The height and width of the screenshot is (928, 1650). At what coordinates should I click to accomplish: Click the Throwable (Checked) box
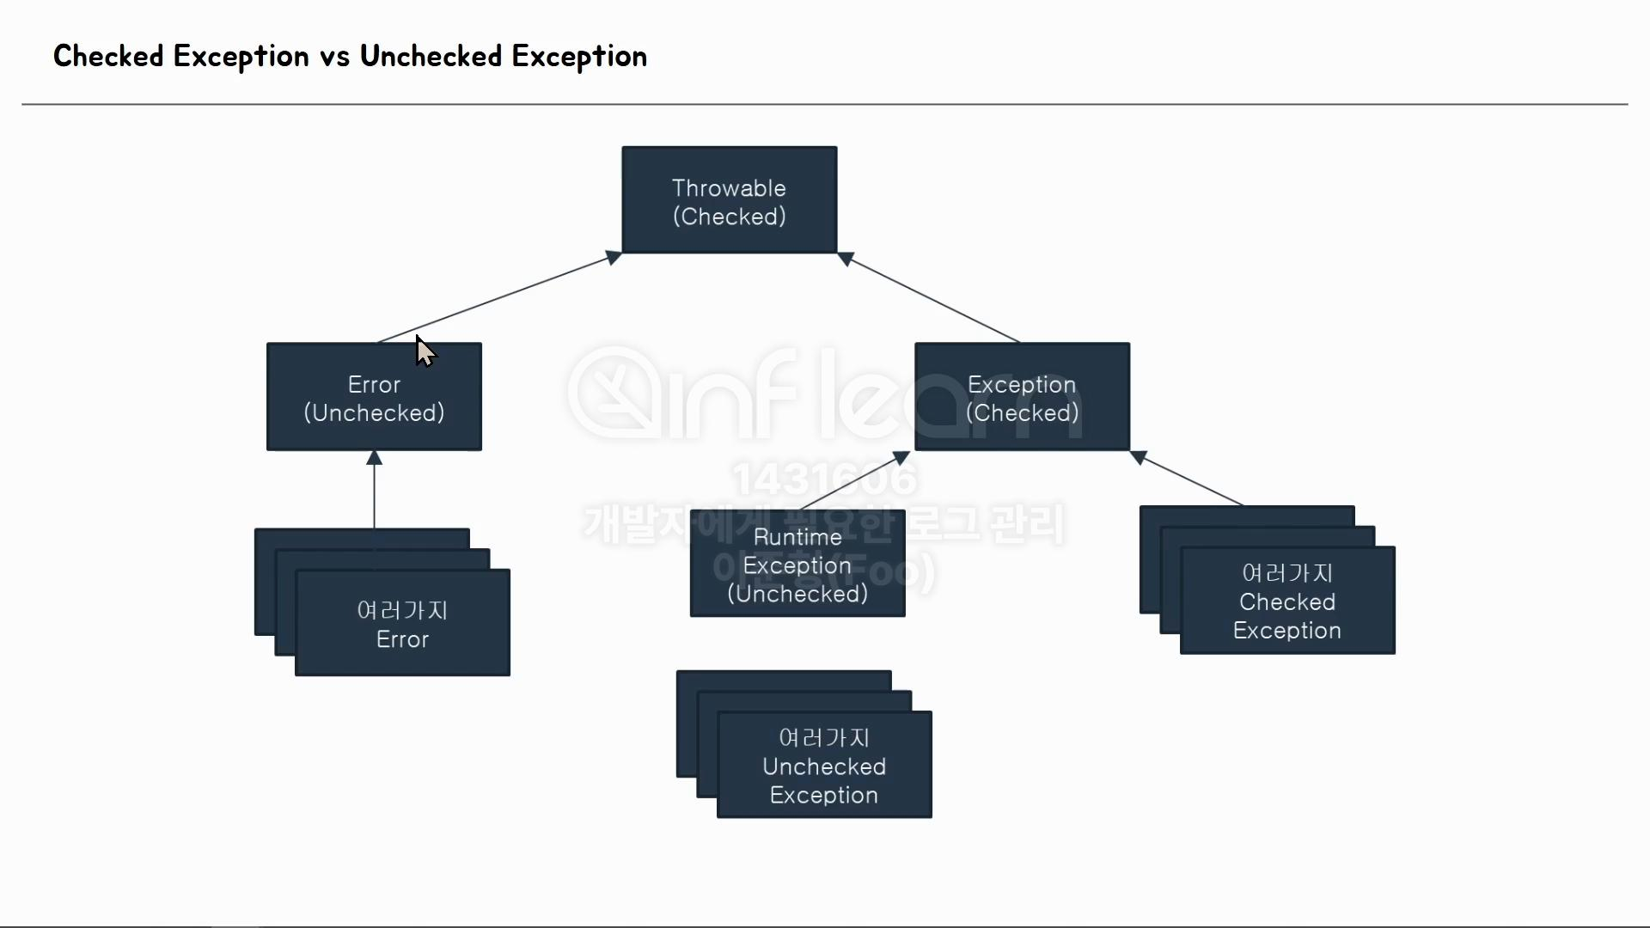(729, 200)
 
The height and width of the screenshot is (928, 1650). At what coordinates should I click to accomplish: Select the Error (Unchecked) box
(374, 397)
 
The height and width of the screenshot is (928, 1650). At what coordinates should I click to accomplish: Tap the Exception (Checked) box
(1022, 397)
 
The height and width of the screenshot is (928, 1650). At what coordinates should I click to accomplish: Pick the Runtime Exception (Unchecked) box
(797, 564)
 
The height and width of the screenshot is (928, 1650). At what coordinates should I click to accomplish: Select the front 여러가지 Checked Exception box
(1286, 601)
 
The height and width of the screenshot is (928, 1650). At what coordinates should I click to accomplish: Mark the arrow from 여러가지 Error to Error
(374, 490)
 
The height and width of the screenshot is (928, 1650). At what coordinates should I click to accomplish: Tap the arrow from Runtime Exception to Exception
(855, 481)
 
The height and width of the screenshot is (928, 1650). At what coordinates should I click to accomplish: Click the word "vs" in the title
(334, 57)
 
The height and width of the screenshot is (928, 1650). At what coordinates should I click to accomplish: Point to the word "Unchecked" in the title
(431, 57)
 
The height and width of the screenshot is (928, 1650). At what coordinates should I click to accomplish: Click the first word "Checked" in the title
(108, 57)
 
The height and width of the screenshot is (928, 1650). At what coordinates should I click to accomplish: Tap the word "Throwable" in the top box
(729, 188)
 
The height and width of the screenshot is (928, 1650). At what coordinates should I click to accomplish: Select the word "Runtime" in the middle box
(797, 537)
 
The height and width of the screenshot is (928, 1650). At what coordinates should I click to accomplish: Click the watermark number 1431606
(824, 479)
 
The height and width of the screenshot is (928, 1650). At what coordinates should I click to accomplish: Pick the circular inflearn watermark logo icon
(614, 392)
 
